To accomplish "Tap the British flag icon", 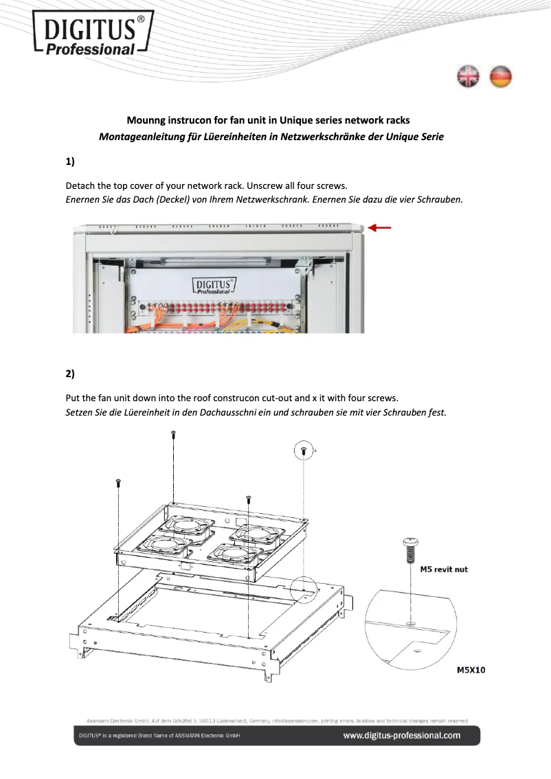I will (x=469, y=77).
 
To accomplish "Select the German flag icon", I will (x=501, y=77).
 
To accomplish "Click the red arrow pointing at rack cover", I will (x=380, y=227).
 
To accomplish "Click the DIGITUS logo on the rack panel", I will (x=214, y=285).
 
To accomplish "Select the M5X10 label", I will (x=471, y=670).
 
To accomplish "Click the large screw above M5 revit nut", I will (x=409, y=550).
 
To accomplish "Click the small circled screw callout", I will (x=304, y=451).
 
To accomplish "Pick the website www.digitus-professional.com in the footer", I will (x=402, y=736).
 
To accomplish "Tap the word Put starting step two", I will (x=73, y=398).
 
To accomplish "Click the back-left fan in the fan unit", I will (x=183, y=526).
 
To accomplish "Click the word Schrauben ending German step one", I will (x=440, y=200).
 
